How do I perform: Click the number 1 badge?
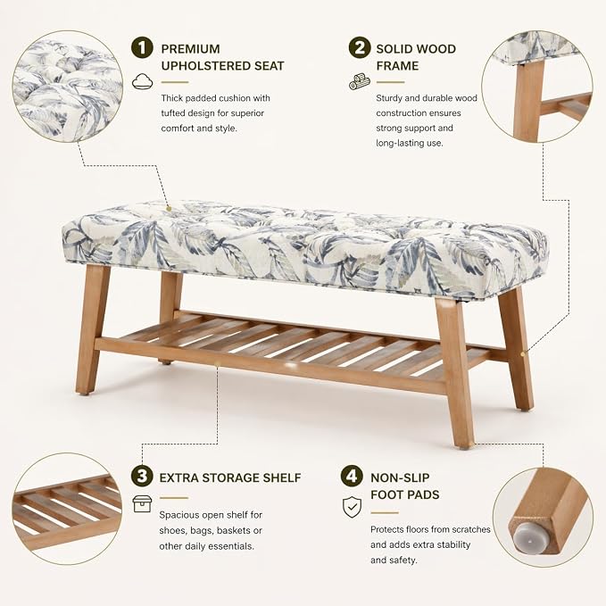click(142, 47)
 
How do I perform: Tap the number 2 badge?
click(360, 47)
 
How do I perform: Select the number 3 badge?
click(142, 477)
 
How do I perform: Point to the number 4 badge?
click(352, 477)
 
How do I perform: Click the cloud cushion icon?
click(142, 81)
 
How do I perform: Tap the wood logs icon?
click(360, 81)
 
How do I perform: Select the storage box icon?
click(142, 504)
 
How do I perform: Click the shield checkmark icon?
click(352, 507)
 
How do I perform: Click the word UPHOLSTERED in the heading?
click(205, 66)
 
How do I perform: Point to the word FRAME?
click(397, 66)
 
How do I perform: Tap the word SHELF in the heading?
click(282, 478)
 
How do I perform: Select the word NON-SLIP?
click(400, 478)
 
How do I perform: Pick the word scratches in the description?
click(470, 529)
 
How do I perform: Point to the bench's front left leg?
click(92, 328)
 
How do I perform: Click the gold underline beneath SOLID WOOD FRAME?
click(390, 82)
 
